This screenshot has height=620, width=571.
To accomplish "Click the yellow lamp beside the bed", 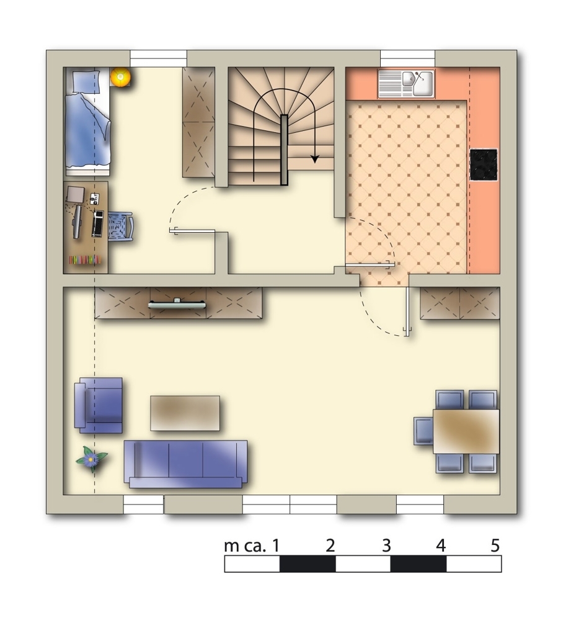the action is (x=120, y=77).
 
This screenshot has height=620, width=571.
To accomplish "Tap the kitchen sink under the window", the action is (x=406, y=83).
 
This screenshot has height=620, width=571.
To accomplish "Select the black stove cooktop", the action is (x=484, y=165).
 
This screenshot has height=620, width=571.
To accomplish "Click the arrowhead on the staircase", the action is (x=314, y=159).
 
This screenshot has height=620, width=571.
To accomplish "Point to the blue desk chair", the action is (x=120, y=226).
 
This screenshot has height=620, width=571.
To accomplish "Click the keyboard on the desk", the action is (x=98, y=223).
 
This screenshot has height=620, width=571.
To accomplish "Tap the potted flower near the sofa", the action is (x=91, y=458).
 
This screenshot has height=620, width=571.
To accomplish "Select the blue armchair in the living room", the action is (x=99, y=405).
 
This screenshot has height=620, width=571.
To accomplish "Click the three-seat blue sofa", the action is (x=185, y=464).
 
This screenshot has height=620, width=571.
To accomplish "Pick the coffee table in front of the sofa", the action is (x=185, y=413).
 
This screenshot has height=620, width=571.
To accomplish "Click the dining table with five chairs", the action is (x=466, y=431).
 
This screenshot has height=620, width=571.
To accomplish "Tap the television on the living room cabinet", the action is (x=177, y=304).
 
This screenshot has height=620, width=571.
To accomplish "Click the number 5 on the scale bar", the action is (x=495, y=546).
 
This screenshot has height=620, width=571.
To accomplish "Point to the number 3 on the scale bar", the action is (x=386, y=546).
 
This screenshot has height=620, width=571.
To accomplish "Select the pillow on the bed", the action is (x=86, y=82).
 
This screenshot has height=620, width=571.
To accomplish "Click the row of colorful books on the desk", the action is (x=85, y=260).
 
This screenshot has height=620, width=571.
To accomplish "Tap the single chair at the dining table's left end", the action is (x=423, y=431).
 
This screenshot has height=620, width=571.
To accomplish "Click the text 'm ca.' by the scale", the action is (x=246, y=546).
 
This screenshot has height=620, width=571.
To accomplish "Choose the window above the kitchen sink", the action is (x=407, y=58).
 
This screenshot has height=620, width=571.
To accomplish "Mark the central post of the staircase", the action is (x=284, y=150).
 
